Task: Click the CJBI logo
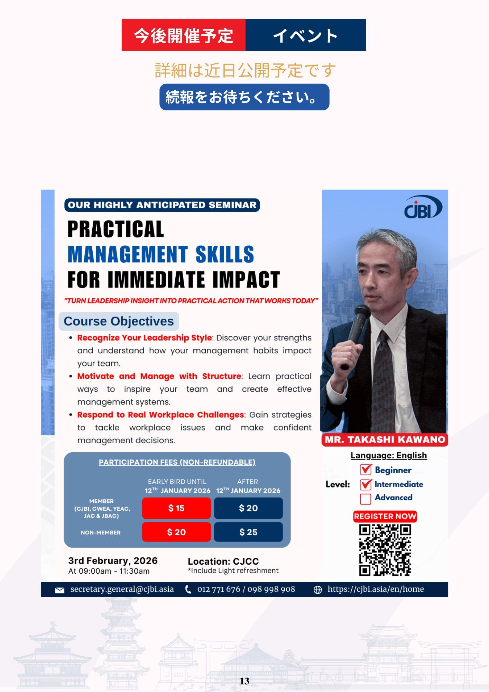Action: pos(423,207)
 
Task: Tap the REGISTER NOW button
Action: pos(385,516)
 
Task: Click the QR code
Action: pos(385,550)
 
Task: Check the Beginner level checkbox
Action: pos(366,470)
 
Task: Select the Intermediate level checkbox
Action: pos(366,484)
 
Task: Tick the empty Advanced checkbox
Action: pos(366,499)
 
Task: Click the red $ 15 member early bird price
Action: pos(176,508)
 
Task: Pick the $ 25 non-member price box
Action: pos(248,532)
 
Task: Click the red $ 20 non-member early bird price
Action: pos(176,532)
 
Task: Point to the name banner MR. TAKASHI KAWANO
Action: pos(385,440)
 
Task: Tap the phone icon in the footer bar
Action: pos(188,590)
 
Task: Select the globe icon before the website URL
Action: pos(317,590)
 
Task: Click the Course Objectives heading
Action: pos(119,321)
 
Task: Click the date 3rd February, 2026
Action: pos(113,561)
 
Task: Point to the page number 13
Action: pos(244,681)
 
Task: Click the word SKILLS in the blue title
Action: pos(225,254)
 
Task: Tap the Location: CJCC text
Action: pos(223,561)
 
